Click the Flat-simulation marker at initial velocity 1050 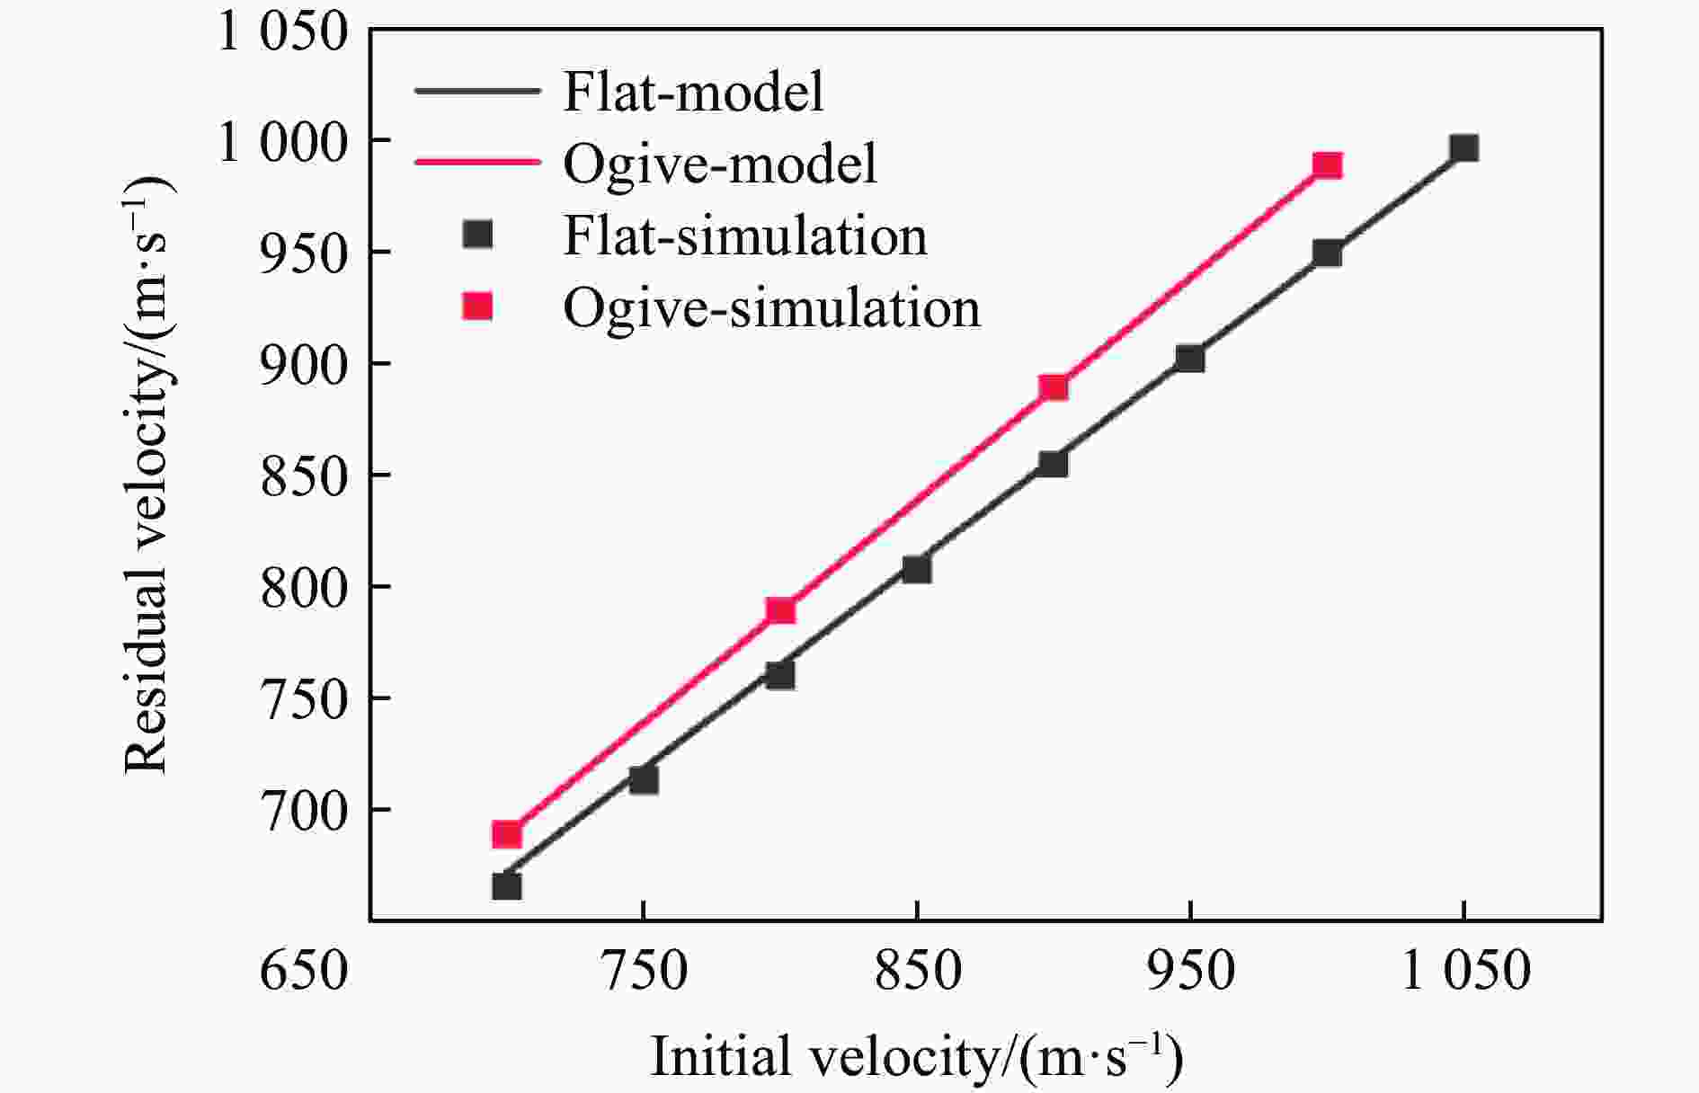pos(1463,148)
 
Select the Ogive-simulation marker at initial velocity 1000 pos(1327,165)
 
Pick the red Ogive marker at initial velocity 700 pos(507,834)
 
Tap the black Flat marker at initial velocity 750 pos(644,779)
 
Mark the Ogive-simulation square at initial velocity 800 pos(780,610)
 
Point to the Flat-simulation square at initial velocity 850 pos(917,569)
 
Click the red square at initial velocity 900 pos(1054,387)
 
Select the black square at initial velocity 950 pos(1190,359)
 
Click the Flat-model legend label pos(693,92)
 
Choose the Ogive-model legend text pos(720,164)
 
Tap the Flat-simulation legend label pos(745,236)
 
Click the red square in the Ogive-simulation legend pos(478,307)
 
